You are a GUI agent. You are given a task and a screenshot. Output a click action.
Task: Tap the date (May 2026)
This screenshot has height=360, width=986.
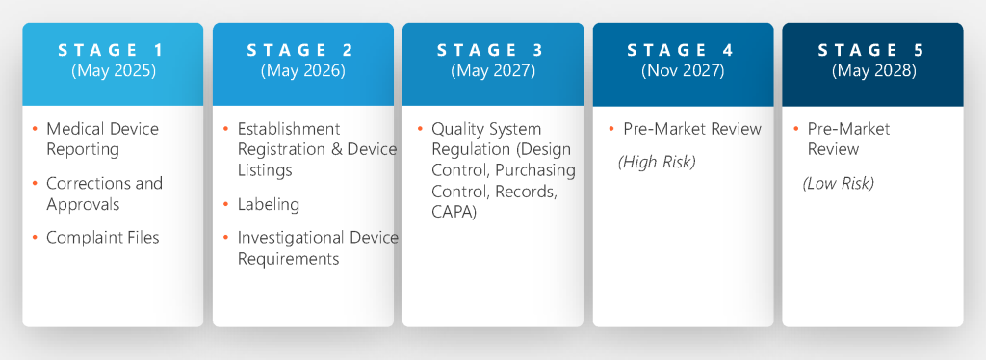coord(303,71)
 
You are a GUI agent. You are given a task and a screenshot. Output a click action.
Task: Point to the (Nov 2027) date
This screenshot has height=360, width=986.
coord(683,71)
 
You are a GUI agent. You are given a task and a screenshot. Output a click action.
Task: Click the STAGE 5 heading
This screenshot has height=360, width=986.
coord(872,51)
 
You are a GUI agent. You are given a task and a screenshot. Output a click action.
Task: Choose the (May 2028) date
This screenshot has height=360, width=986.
coord(873,71)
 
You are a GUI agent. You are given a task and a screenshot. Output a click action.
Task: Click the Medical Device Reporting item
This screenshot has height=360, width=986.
coord(102,139)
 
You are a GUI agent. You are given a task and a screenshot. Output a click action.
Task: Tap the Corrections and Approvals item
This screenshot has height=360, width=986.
coord(104,193)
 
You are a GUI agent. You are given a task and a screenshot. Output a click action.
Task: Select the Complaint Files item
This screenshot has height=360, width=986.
coord(102,238)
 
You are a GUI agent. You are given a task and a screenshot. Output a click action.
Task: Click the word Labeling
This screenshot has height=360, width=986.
coord(269,204)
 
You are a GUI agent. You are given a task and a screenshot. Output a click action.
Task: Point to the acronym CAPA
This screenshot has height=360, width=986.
coord(454,213)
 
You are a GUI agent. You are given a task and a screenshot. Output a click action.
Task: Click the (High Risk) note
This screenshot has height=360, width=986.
coord(657,162)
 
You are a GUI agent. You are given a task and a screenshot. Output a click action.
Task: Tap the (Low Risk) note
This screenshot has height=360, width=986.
coord(839,184)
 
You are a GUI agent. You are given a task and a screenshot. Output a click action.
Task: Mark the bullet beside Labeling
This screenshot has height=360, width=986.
coord(225,204)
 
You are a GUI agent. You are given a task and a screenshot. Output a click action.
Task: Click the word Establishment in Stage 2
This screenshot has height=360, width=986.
coord(289,129)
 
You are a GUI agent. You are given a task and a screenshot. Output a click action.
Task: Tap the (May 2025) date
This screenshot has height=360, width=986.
coord(114,71)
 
